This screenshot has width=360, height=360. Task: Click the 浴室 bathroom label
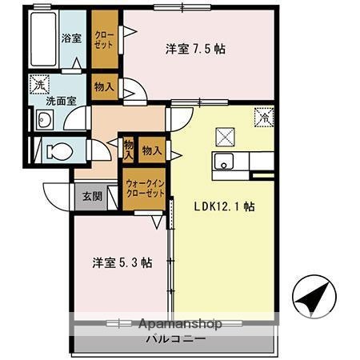pos(73,38)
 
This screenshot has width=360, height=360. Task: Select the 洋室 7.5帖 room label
pos(195,48)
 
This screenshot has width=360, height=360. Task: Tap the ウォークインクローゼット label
pos(145,190)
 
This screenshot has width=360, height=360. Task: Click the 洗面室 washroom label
pos(60,102)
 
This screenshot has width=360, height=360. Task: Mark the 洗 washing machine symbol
pos(39,82)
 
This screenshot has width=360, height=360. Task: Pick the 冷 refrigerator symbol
pos(263,117)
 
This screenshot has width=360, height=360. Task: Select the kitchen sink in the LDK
pos(225,161)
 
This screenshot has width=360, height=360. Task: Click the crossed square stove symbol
pos(224,134)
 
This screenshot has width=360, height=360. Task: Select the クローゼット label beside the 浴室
pos(104,38)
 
